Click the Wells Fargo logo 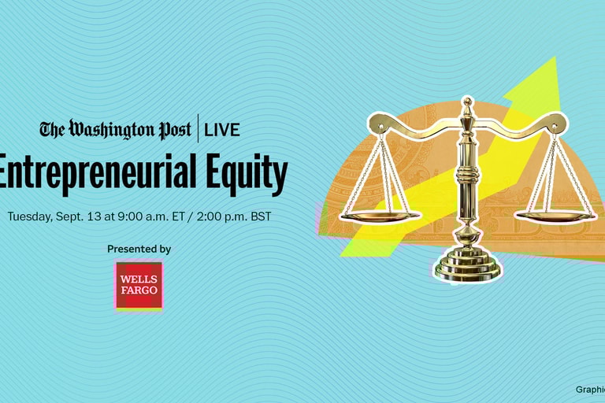[x=139, y=285]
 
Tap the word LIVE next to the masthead [x=221, y=130]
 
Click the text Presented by [x=139, y=249]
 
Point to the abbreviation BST [x=260, y=216]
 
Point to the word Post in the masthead [x=173, y=129]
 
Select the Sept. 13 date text [x=78, y=216]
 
